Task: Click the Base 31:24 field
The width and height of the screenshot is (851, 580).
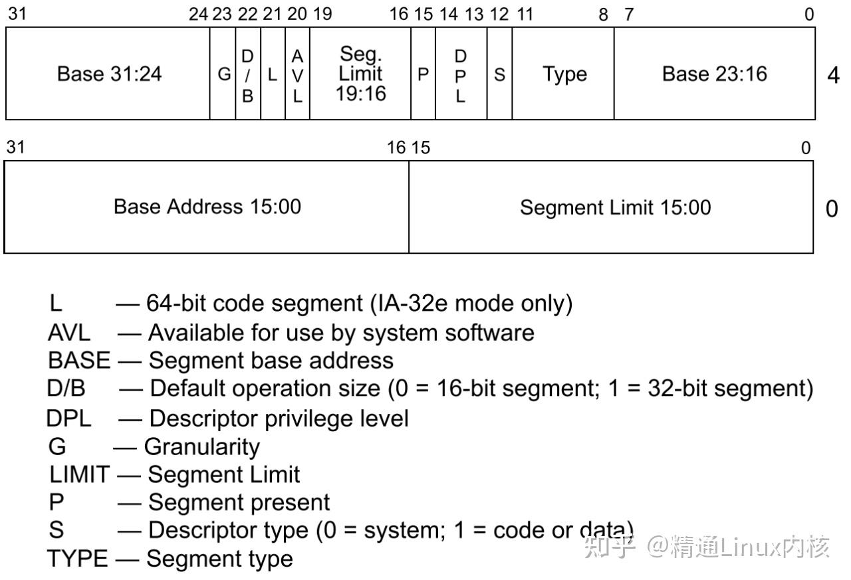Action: click(x=108, y=74)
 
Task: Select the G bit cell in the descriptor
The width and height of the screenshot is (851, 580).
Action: click(x=223, y=74)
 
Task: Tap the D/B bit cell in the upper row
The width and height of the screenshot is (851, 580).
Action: click(x=247, y=74)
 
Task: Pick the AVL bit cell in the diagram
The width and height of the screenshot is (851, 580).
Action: click(x=297, y=74)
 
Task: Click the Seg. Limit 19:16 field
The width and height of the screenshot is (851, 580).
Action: click(x=360, y=74)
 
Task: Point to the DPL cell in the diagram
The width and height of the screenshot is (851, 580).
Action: click(x=461, y=74)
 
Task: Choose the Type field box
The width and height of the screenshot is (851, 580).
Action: click(x=564, y=74)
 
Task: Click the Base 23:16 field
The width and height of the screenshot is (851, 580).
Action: click(x=714, y=74)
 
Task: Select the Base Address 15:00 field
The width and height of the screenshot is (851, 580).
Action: click(x=207, y=207)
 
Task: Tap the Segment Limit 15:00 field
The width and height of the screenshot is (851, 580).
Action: click(x=614, y=207)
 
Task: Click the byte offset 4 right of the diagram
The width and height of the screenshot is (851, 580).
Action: click(x=832, y=75)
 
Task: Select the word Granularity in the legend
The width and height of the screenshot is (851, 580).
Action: click(x=201, y=446)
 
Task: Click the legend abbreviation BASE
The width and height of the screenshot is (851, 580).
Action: click(x=79, y=360)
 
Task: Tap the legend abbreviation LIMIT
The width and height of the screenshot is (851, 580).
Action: click(x=79, y=474)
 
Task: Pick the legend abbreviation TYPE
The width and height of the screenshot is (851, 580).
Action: click(x=77, y=559)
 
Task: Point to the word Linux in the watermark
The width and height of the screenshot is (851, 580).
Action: click(x=747, y=547)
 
